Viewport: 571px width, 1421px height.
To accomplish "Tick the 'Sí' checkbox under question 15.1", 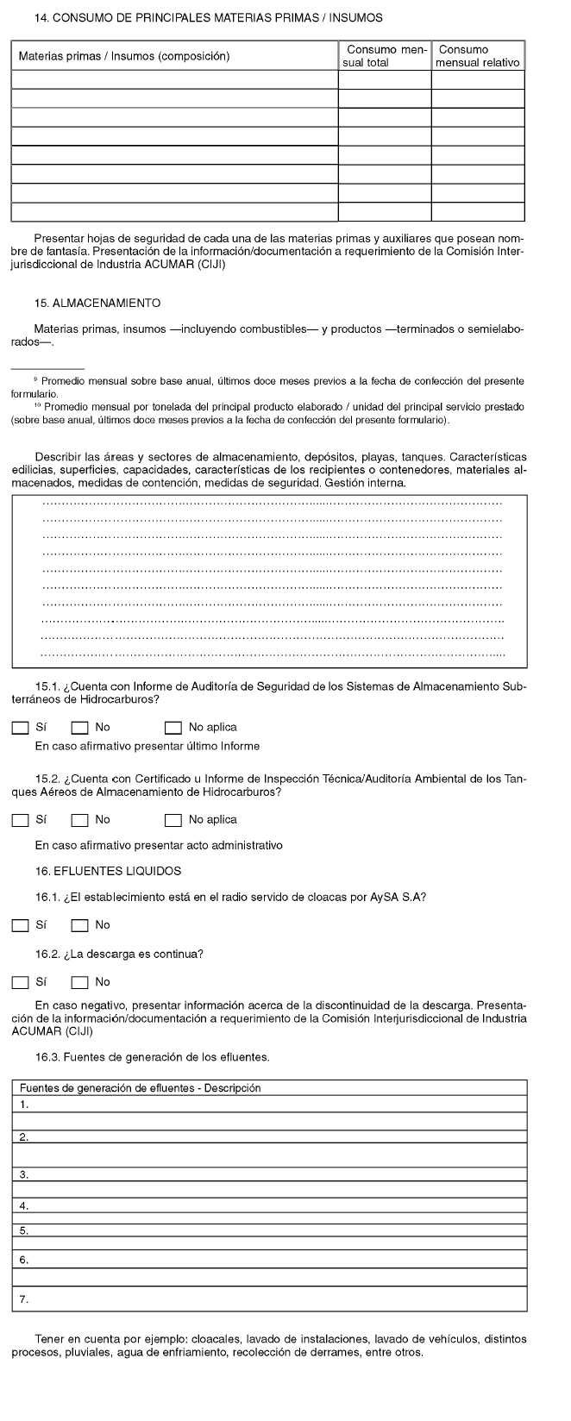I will click(x=20, y=728).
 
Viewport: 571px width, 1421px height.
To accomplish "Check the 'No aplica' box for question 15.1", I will click(x=173, y=728).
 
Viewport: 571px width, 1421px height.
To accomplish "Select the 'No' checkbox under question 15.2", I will click(x=79, y=820).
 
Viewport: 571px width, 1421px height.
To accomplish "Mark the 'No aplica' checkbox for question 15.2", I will click(x=173, y=820).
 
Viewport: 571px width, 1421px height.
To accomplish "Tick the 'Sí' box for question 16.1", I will click(x=20, y=926).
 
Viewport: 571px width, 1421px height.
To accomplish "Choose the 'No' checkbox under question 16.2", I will click(x=79, y=982).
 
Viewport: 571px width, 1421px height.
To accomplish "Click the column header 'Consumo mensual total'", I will click(x=384, y=56).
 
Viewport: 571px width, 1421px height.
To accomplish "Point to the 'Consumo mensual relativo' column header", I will click(x=478, y=56).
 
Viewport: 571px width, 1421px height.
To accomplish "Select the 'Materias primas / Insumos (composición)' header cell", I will click(x=124, y=56).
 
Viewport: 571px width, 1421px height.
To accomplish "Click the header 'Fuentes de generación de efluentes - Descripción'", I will click(x=140, y=1088).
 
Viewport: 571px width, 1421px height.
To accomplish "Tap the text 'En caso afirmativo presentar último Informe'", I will click(x=147, y=746).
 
